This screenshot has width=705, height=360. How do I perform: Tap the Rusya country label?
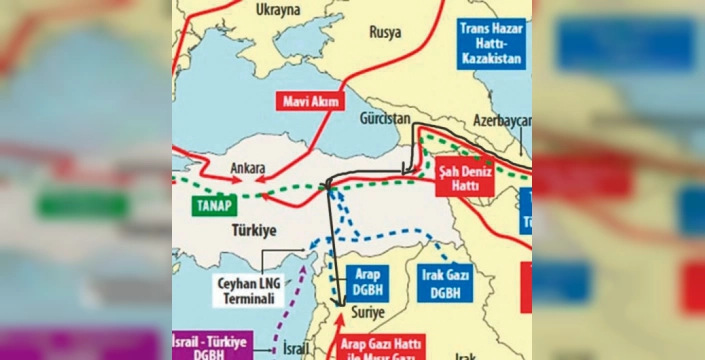click(x=385, y=32)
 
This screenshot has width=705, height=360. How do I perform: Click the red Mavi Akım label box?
click(x=312, y=101)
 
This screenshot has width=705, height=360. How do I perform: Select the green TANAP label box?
click(x=213, y=208)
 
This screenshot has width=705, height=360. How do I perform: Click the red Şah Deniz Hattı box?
click(x=463, y=179)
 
